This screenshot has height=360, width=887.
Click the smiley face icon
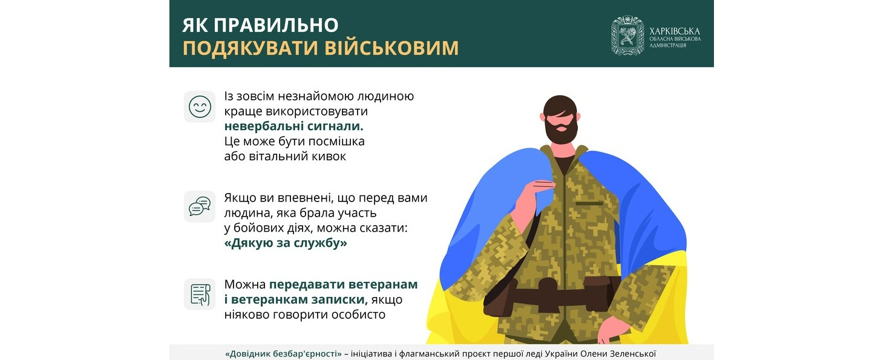200,106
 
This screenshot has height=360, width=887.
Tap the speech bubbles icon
200,206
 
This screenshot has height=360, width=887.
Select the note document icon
200,294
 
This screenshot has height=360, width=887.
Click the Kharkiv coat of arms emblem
627,35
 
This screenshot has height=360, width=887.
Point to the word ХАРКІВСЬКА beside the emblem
675,31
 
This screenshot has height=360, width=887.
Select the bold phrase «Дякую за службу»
286,243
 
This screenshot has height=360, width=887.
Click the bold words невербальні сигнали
294,126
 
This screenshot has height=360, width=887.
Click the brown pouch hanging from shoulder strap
499,298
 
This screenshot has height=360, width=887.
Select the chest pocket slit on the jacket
589,203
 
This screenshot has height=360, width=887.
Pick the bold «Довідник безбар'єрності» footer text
283,354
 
